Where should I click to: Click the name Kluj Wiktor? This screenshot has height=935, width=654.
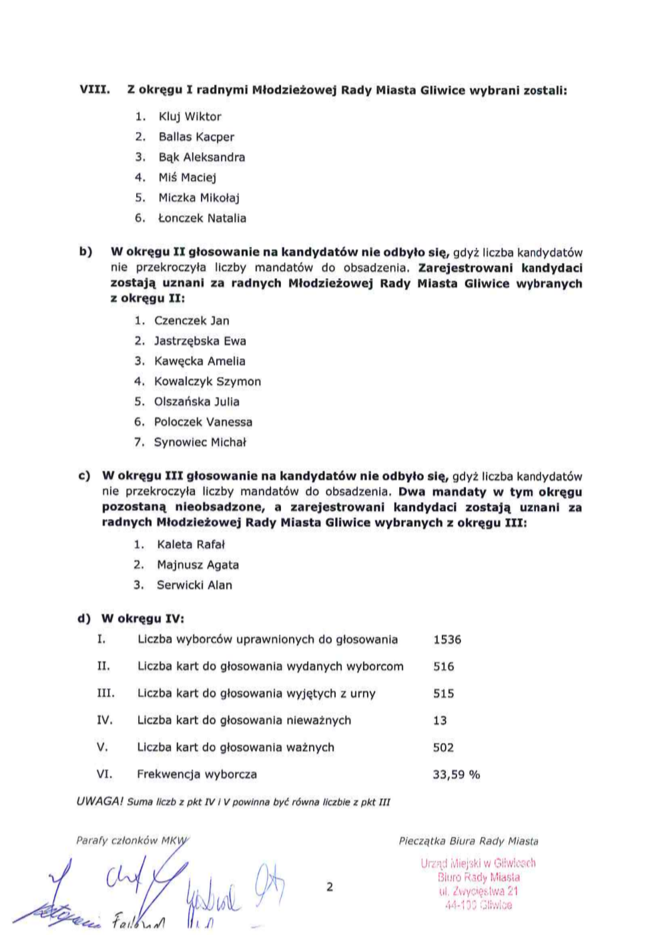190,117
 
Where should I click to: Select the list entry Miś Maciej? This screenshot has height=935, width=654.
187,177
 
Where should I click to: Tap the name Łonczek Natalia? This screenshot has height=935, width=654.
202,218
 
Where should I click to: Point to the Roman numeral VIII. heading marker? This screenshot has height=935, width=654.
94,89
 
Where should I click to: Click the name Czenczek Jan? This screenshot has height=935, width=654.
192,321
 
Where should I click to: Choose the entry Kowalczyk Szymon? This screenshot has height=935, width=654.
208,381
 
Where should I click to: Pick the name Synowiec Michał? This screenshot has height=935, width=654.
200,442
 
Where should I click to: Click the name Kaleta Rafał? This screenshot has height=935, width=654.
191,545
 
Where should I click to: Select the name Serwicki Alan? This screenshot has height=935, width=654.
194,586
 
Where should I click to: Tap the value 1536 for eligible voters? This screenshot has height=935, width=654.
447,640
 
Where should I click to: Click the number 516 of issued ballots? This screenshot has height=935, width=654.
444,666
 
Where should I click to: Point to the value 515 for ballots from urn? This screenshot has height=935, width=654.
444,694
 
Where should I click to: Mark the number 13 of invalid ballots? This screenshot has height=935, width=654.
440,721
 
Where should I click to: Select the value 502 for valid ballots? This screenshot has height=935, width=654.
443,748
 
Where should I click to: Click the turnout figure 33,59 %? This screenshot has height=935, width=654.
456,775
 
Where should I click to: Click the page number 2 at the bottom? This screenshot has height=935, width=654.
330,887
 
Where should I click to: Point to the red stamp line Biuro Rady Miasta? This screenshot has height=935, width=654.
478,878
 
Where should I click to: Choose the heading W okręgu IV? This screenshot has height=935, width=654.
142,619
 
